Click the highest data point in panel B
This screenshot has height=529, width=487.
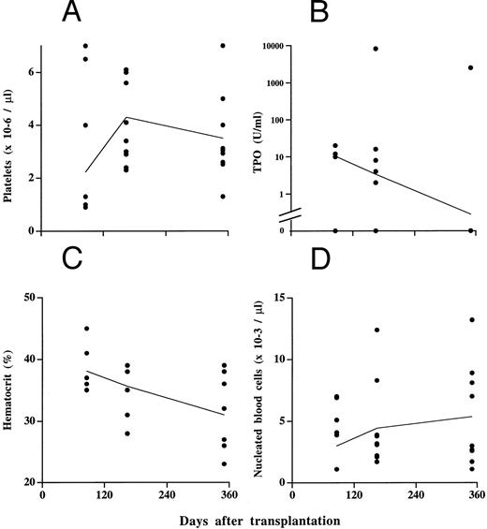(x=376, y=49)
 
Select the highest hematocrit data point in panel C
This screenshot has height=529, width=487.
(x=86, y=329)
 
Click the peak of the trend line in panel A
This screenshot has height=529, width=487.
(x=127, y=117)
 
